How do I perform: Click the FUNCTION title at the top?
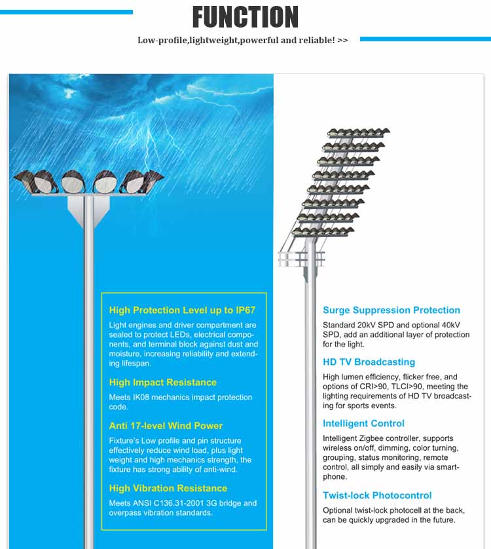coord(245,17)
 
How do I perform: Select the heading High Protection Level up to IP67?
coord(182,310)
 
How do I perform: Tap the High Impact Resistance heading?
coord(162,382)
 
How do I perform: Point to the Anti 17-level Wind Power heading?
coord(166,425)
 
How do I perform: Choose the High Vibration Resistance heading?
coord(168,488)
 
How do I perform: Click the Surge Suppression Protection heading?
coord(391,310)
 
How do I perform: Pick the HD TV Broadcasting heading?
coord(369,362)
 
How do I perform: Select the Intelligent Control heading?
coord(363,423)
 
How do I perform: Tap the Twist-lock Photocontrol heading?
coord(377,495)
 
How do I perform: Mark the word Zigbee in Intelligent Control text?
coord(378,438)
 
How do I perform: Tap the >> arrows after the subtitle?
coord(342,40)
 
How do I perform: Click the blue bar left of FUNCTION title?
coord(66,12)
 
